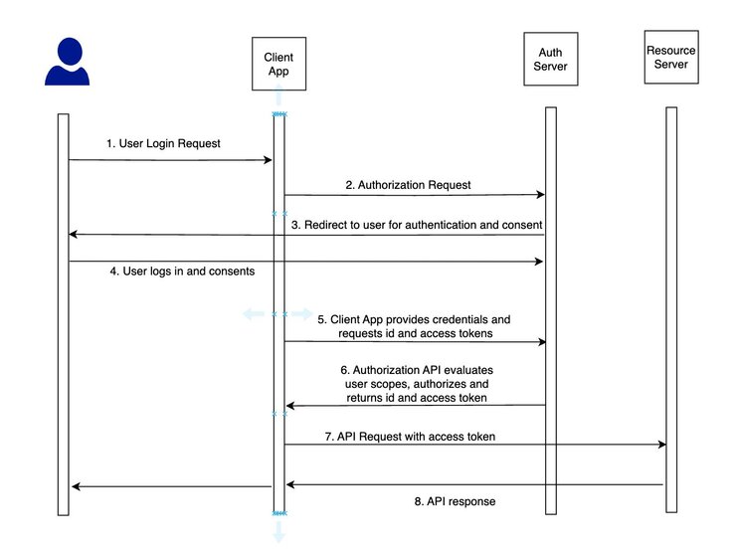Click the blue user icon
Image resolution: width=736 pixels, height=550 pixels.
click(x=68, y=62)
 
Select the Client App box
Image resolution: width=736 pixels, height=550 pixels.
click(x=278, y=65)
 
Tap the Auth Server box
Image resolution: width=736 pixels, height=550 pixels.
click(x=550, y=59)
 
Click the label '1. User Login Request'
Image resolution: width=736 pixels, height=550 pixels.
click(x=163, y=143)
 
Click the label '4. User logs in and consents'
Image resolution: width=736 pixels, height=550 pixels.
click(x=181, y=271)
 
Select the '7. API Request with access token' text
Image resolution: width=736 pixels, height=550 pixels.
click(x=410, y=437)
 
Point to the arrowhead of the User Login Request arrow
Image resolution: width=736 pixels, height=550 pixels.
click(x=269, y=160)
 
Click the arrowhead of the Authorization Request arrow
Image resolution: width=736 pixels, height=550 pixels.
click(x=540, y=195)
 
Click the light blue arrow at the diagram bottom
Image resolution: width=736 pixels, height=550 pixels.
click(x=279, y=533)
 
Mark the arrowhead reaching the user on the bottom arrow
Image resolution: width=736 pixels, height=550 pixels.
click(x=74, y=486)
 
